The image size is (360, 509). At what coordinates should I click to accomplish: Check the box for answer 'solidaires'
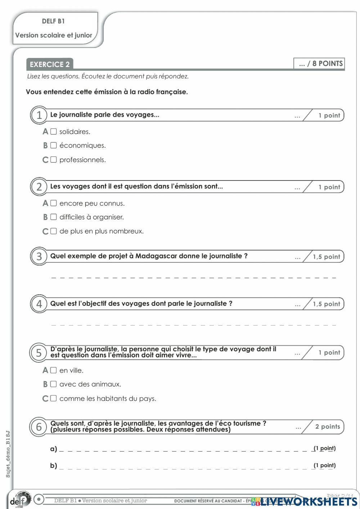(54, 131)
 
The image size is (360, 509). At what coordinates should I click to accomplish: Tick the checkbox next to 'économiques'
(54, 146)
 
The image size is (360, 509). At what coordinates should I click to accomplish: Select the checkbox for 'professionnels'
(54, 160)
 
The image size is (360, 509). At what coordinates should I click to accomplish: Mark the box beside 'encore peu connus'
(54, 203)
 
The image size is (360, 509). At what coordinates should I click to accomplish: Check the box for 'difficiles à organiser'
(54, 217)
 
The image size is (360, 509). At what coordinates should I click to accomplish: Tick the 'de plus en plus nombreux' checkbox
(54, 231)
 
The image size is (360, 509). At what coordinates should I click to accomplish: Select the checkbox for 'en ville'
(54, 370)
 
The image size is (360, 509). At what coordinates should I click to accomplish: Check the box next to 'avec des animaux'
(54, 384)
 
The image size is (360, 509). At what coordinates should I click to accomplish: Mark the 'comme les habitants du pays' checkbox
(54, 398)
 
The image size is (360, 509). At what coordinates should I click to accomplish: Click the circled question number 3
(39, 256)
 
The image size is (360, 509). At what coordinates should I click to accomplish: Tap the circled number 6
(39, 427)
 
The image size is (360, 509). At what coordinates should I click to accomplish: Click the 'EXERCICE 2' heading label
(50, 64)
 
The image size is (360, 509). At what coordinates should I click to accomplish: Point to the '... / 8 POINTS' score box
(319, 64)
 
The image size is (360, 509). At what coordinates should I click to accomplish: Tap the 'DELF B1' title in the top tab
(53, 21)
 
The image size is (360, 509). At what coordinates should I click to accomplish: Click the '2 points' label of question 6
(327, 427)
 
